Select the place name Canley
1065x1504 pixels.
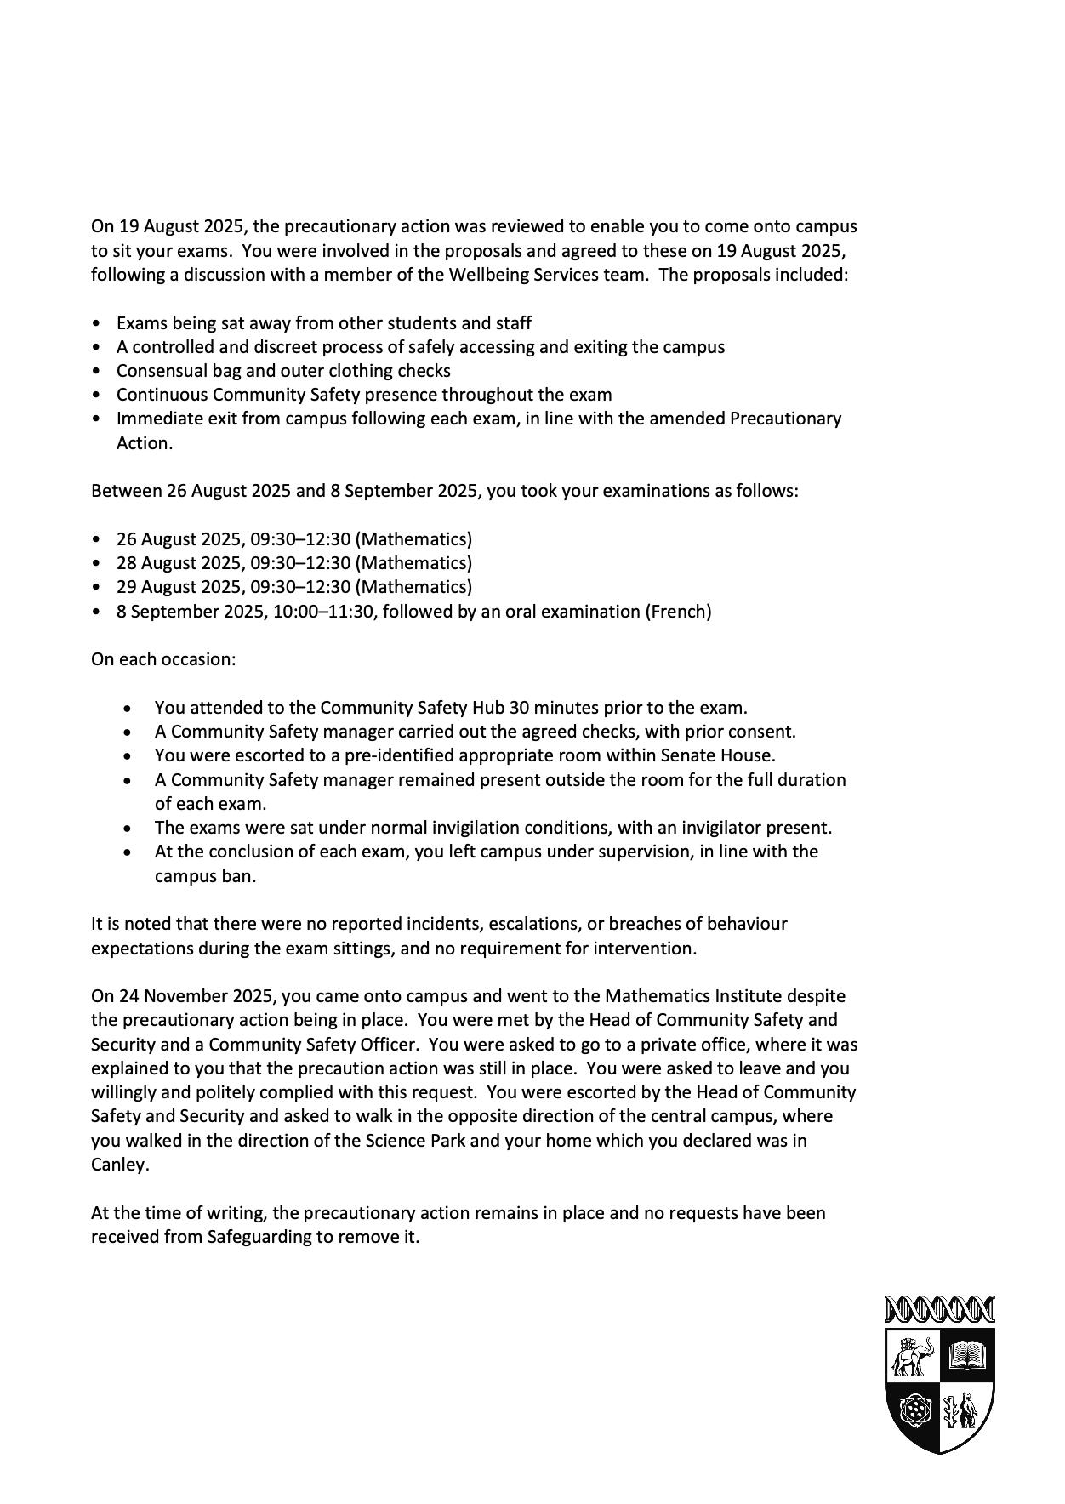[119, 1165]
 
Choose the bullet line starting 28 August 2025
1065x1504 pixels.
[294, 563]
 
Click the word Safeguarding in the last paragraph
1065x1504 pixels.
[259, 1236]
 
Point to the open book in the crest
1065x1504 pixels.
[967, 1353]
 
